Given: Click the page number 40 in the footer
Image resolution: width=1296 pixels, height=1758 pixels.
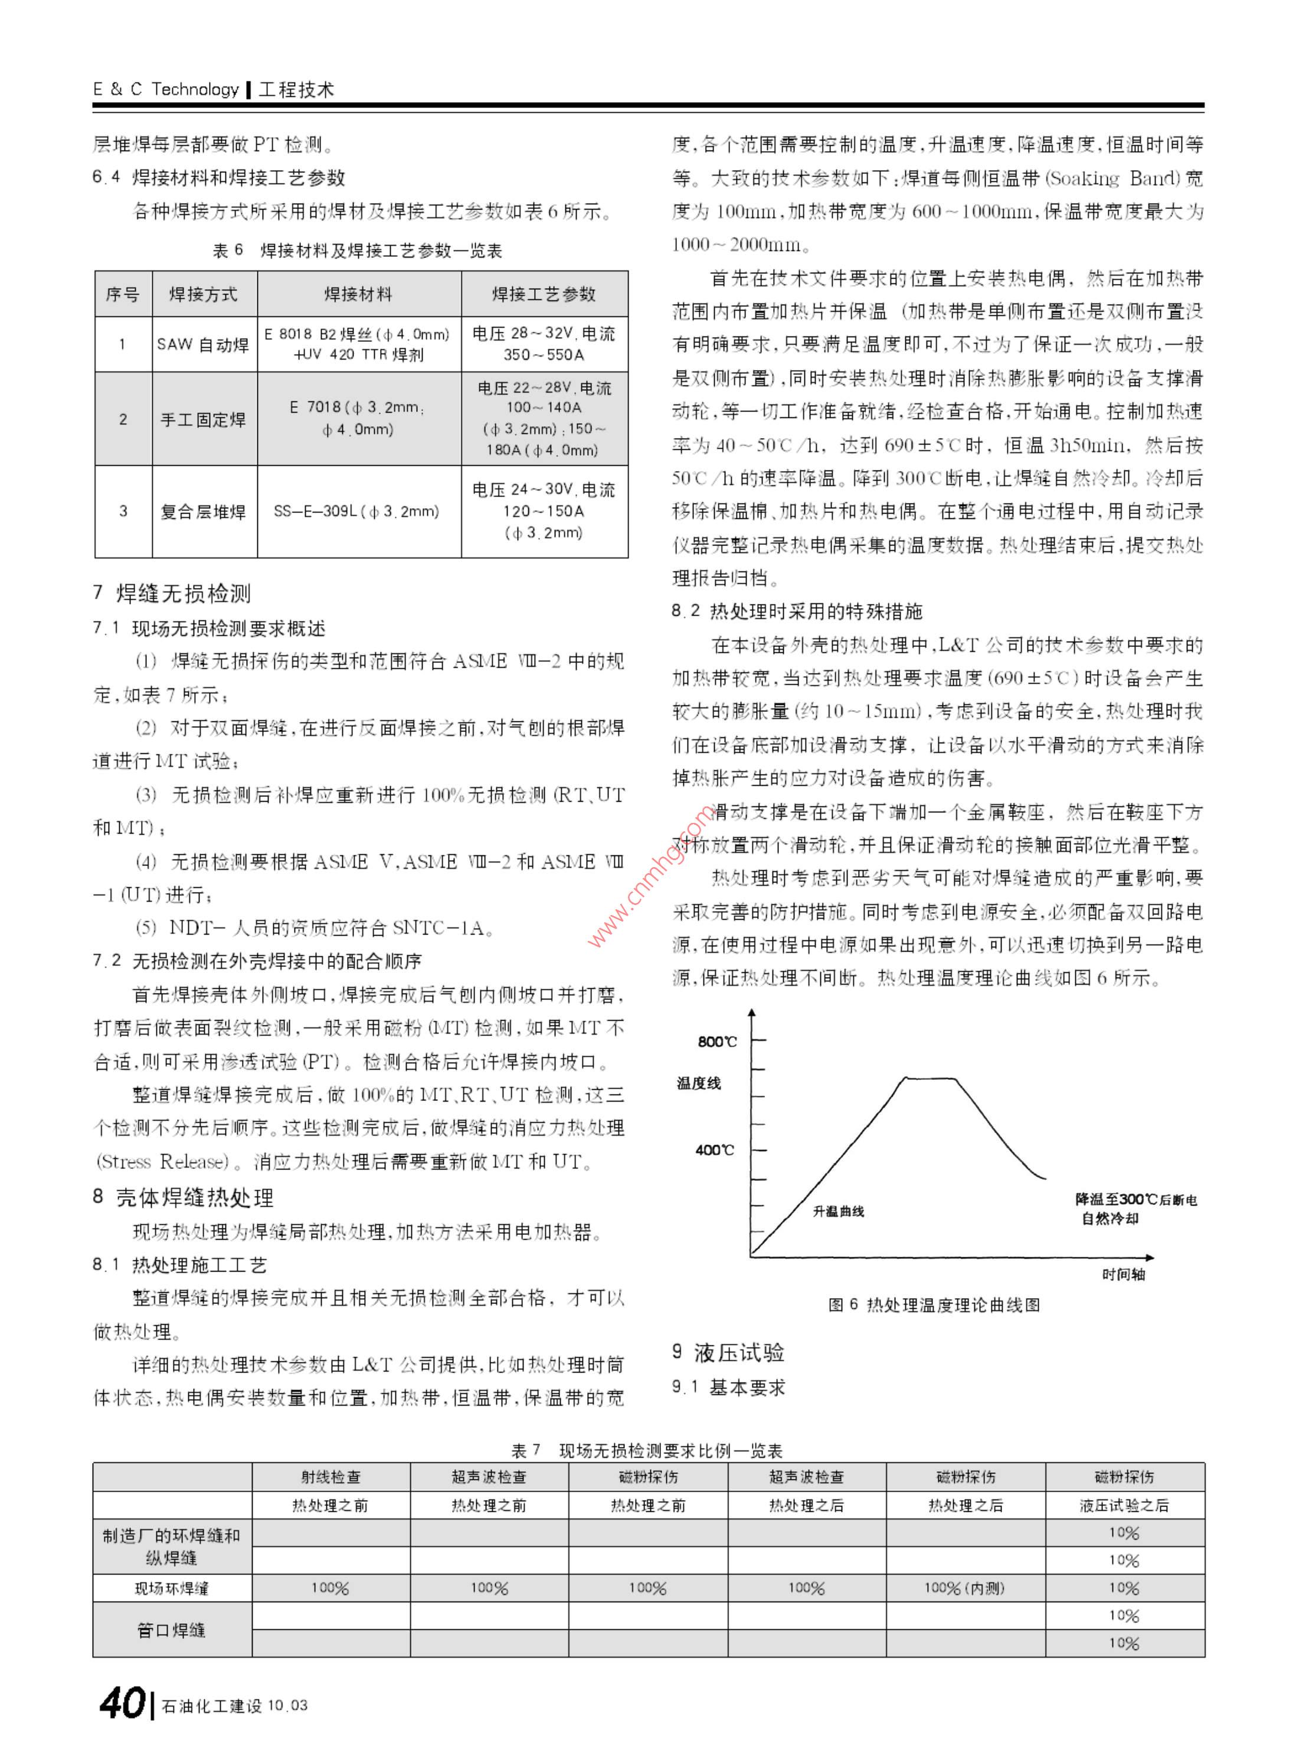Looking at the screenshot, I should [x=122, y=1703].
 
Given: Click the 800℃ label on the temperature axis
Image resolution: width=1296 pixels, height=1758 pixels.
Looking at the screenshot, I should [x=717, y=1041].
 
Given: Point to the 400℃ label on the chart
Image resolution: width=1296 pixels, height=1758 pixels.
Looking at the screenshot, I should [x=715, y=1150].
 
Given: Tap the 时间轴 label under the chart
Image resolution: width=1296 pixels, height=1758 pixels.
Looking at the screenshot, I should [x=1124, y=1275].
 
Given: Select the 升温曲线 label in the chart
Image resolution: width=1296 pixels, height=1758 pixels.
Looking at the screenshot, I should [x=838, y=1211].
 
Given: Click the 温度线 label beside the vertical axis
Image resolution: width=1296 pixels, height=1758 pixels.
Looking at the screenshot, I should [x=698, y=1083].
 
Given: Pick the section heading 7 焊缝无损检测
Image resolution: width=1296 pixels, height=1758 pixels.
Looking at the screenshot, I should [x=172, y=593].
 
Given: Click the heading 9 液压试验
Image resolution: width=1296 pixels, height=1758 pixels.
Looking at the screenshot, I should [x=728, y=1352].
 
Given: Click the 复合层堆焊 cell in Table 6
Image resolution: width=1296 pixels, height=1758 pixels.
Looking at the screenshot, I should [x=203, y=512].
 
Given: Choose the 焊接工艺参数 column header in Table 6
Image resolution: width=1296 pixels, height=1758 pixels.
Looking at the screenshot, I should [x=544, y=295].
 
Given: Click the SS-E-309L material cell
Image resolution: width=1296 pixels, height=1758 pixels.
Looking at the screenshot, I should [x=357, y=512].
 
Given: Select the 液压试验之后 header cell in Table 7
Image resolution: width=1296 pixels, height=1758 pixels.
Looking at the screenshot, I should [x=1124, y=1505].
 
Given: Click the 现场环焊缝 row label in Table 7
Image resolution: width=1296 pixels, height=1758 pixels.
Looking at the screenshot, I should [x=172, y=1589].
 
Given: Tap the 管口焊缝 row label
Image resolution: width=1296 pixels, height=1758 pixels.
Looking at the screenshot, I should [x=172, y=1629].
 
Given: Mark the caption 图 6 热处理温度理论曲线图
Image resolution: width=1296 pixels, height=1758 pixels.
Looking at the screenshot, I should [x=934, y=1305].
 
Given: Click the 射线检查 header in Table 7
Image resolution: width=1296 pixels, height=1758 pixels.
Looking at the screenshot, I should [x=330, y=1477].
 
